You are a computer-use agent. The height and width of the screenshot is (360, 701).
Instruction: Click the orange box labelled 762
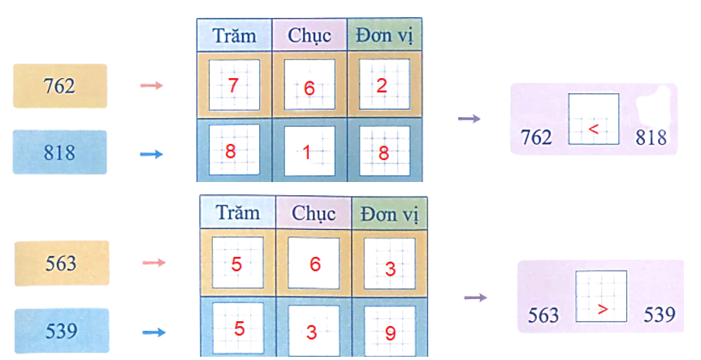60,86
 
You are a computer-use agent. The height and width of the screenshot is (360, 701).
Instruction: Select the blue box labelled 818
60,153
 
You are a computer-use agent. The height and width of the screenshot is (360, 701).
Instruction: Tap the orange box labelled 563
62,263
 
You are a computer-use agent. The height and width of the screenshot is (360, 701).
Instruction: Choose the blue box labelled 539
62,331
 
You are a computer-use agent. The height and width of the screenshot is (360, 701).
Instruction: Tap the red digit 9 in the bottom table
390,332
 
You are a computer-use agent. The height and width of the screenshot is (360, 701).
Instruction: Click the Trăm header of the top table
234,36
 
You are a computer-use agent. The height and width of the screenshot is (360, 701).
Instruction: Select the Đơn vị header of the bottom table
389,213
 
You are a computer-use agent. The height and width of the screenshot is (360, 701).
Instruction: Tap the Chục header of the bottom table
314,213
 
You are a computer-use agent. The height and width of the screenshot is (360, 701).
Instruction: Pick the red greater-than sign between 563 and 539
602,309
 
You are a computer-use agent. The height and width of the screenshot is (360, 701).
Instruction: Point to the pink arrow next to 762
152,85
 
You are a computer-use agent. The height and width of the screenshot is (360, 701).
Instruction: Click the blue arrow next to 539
154,332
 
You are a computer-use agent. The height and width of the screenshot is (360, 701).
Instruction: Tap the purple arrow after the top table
469,119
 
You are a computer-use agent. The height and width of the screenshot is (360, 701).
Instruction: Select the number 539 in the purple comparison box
659,314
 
